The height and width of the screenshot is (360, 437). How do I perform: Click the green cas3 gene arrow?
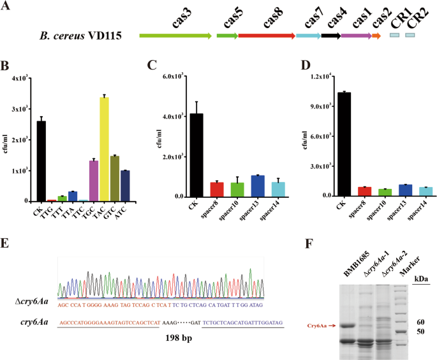(175, 36)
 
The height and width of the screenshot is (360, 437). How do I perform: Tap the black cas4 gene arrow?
(330, 36)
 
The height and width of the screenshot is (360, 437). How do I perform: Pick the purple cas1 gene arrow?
(356, 36)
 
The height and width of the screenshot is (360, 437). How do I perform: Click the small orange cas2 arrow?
(376, 36)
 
